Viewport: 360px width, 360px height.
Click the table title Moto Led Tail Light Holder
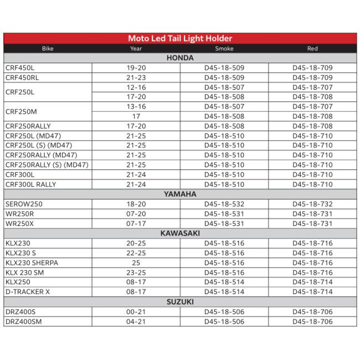click(x=180, y=38)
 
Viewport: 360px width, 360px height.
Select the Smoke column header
click(x=224, y=49)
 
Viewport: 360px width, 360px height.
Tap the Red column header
click(x=312, y=49)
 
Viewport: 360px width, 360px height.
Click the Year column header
click(x=136, y=49)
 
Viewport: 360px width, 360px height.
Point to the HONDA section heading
click(x=180, y=58)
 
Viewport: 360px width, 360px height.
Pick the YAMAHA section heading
click(x=180, y=194)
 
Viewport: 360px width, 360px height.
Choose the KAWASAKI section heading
click(x=180, y=234)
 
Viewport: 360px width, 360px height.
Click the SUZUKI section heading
click(x=180, y=302)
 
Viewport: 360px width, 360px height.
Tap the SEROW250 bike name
click(x=24, y=204)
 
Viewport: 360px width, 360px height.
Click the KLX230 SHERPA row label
click(x=32, y=263)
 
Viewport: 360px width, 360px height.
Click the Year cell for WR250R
click(x=136, y=214)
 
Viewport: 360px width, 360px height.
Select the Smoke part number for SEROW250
click(x=224, y=204)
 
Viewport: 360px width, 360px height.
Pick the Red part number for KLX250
click(x=312, y=282)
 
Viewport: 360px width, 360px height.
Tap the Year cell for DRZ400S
click(x=136, y=312)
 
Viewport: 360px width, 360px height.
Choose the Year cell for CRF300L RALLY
click(x=136, y=184)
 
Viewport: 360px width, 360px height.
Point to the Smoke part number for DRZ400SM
click(x=224, y=321)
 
